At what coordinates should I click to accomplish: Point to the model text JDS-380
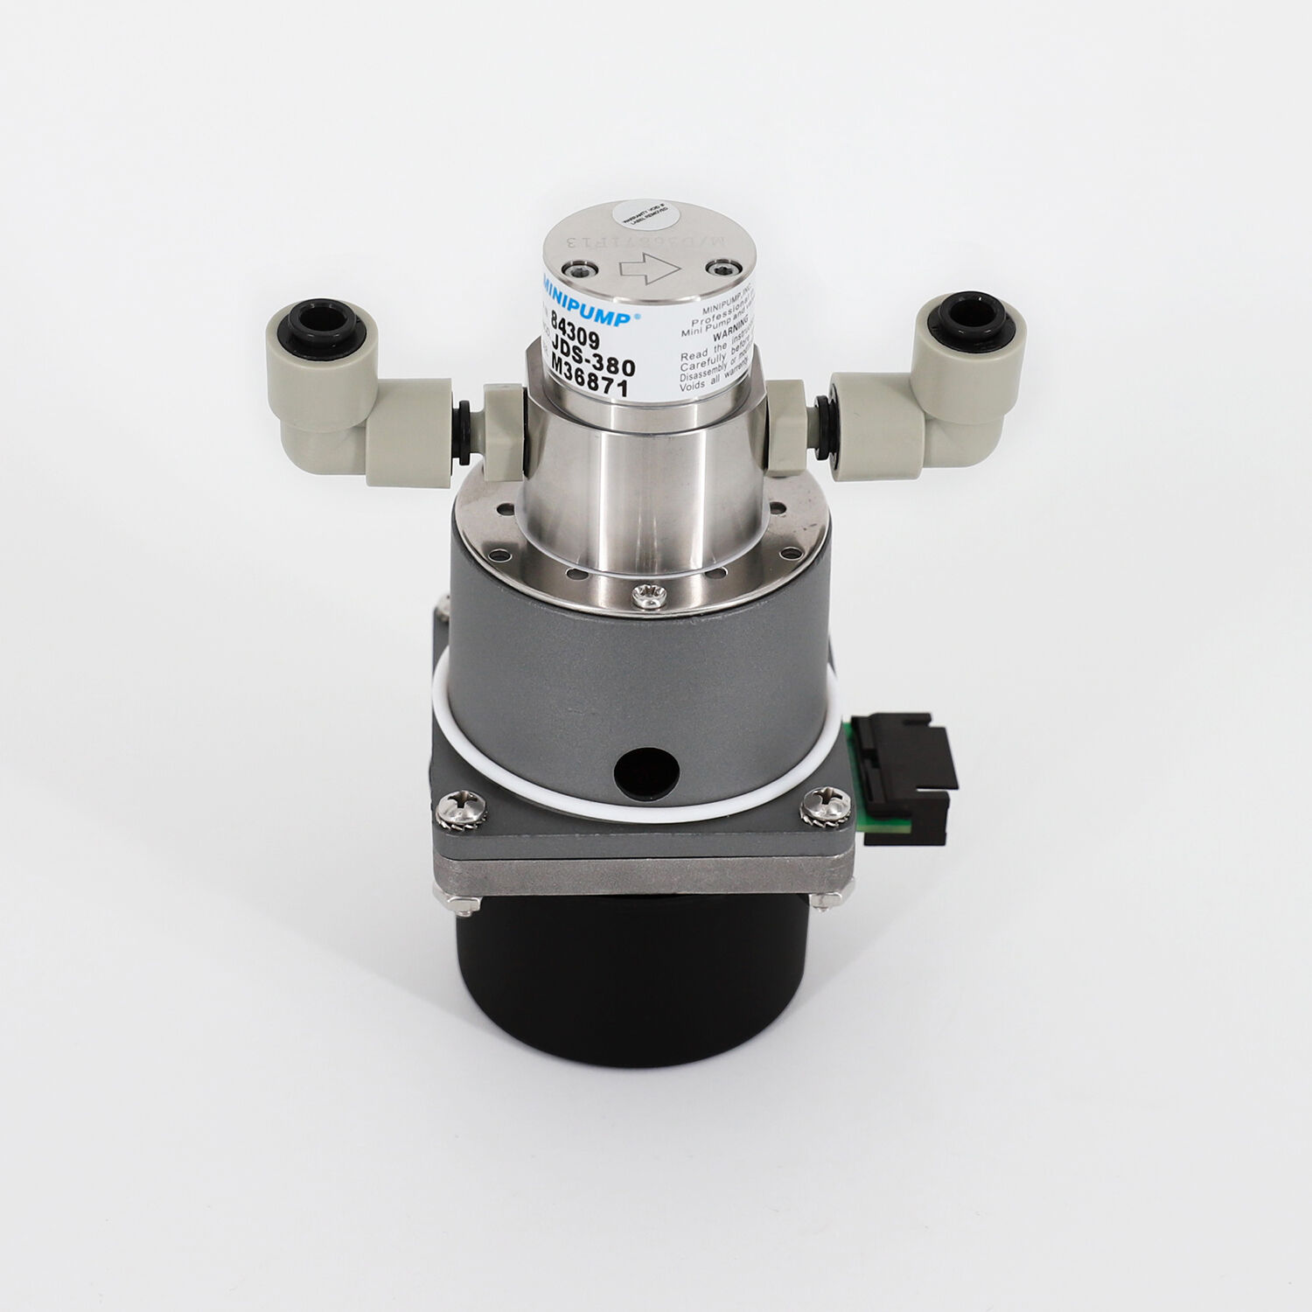pos(591,363)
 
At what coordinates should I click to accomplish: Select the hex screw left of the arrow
pos(576,269)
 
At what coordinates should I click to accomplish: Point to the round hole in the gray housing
pos(646,771)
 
